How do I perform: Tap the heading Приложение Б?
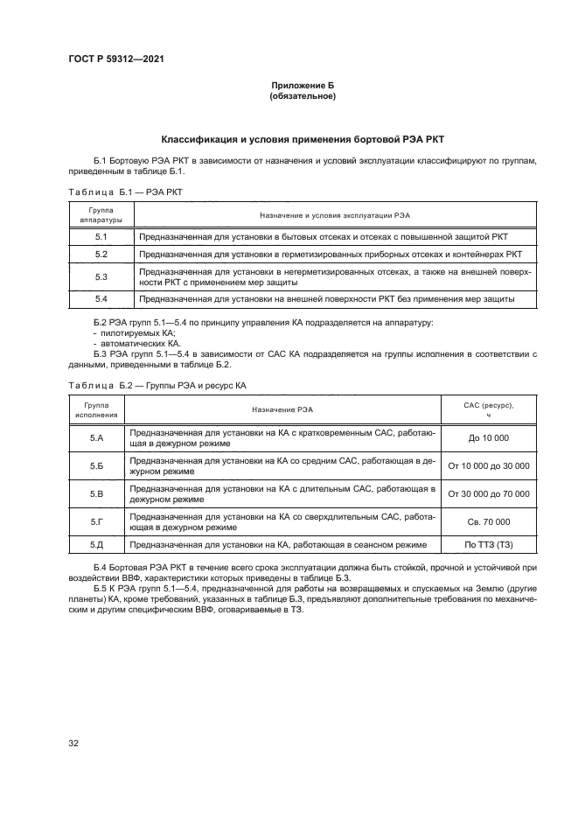click(x=303, y=85)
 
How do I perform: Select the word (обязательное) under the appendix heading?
click(x=303, y=95)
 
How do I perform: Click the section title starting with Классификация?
click(x=303, y=140)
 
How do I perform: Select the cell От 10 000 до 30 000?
click(x=489, y=466)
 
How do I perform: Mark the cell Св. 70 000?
click(x=489, y=521)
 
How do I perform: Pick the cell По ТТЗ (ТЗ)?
click(x=489, y=544)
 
